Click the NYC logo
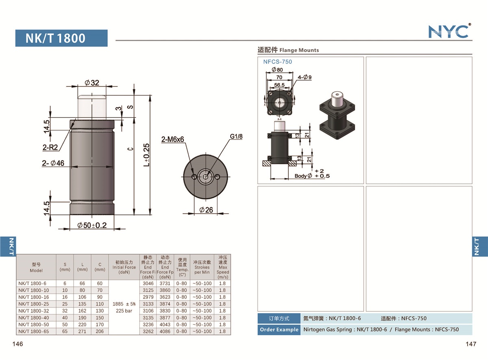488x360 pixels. point(449,31)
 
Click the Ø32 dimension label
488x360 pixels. point(92,83)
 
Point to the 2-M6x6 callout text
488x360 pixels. point(172,140)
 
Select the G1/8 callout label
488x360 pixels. point(236,137)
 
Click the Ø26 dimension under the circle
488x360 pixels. point(206,210)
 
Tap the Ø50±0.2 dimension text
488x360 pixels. point(92,225)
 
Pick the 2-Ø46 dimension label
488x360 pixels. point(53,163)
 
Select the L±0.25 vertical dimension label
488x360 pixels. point(146,155)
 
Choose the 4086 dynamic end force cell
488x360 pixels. point(165,332)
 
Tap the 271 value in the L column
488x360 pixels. point(82,332)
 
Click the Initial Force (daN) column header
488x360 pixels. point(124,267)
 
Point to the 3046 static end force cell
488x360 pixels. point(148,283)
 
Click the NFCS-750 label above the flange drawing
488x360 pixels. point(277,62)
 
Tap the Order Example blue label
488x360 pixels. point(279,329)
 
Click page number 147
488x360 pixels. point(471,344)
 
